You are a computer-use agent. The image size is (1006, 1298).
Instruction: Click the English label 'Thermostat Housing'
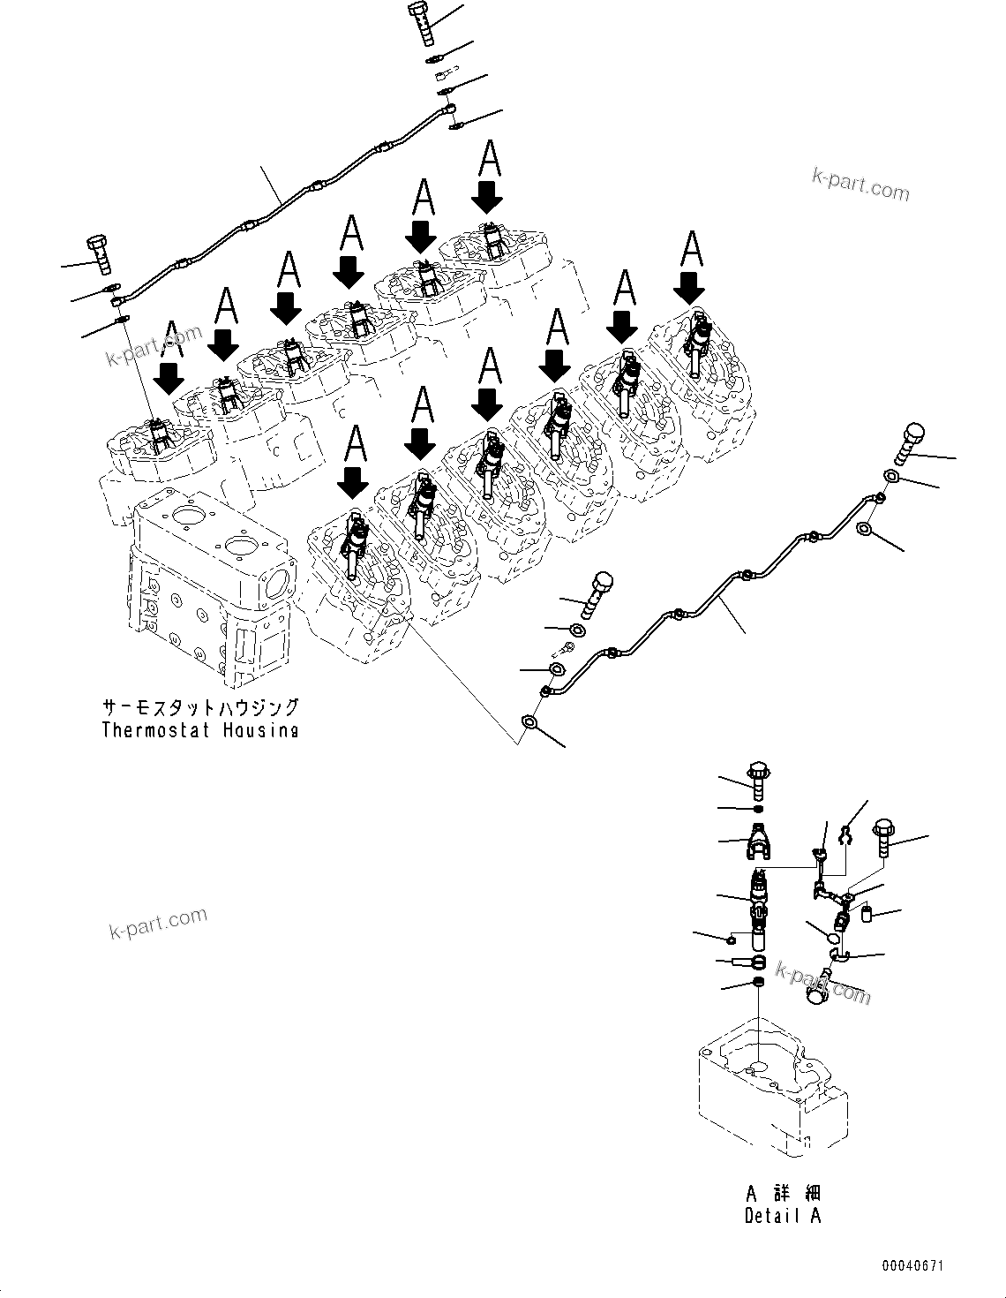click(199, 730)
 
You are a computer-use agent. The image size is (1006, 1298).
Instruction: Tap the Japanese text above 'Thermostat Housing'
click(199, 708)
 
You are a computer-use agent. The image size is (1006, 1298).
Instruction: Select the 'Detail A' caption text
click(782, 1215)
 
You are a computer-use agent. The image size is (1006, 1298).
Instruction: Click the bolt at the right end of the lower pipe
click(912, 444)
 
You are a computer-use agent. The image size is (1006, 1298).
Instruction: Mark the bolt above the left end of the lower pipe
click(598, 595)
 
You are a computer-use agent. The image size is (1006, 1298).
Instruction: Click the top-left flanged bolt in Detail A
click(758, 775)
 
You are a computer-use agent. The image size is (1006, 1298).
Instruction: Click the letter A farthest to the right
click(693, 250)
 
